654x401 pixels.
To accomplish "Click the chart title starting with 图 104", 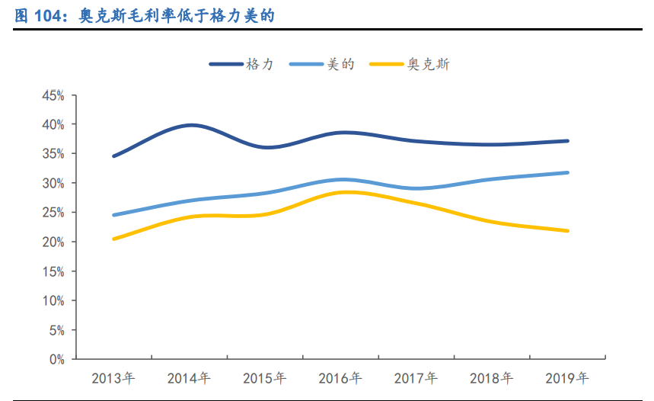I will click(x=144, y=14).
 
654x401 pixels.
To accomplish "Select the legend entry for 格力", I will click(x=241, y=65).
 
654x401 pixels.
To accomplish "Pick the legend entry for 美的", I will click(x=323, y=65).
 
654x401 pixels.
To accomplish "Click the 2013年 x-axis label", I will click(x=113, y=378).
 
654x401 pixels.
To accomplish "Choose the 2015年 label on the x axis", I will click(x=265, y=378).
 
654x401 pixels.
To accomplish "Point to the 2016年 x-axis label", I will click(x=340, y=378).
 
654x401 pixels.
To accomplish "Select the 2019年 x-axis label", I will click(x=568, y=378).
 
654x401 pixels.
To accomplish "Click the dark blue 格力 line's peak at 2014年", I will click(x=190, y=125).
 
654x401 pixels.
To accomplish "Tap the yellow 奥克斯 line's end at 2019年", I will click(x=567, y=231).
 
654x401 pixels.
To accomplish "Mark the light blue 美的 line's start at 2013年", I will click(x=114, y=215).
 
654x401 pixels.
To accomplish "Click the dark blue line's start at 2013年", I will click(x=114, y=156).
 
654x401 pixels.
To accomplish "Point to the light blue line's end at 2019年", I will click(x=567, y=172).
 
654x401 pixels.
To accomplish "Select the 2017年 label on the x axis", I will click(x=416, y=378).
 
